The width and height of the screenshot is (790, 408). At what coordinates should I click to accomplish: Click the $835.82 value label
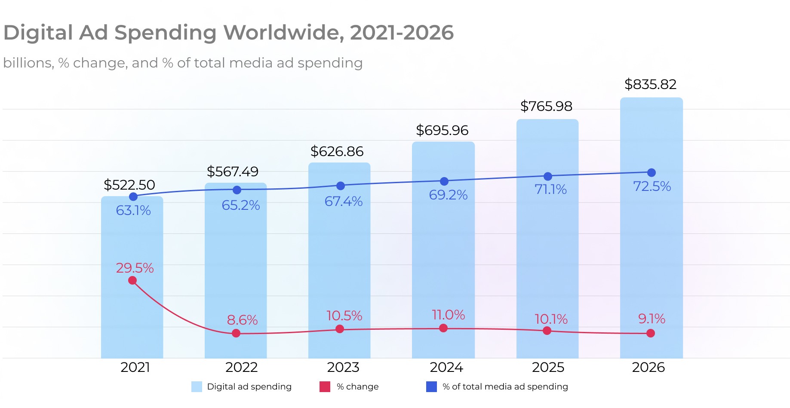[x=650, y=84]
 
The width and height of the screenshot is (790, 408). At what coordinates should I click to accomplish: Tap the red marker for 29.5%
[x=132, y=280]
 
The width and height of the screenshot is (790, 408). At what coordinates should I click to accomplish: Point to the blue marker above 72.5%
[x=652, y=172]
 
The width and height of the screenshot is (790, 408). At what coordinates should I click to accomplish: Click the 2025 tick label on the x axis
[x=548, y=368]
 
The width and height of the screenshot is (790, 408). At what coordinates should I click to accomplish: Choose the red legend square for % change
[x=325, y=387]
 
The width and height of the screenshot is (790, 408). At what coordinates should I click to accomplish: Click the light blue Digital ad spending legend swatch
[x=197, y=387]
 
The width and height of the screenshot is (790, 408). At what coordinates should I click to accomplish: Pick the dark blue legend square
[x=431, y=387]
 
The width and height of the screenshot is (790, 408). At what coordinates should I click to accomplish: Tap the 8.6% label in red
[x=242, y=320]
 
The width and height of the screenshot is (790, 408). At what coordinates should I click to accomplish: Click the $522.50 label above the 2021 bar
[x=129, y=185]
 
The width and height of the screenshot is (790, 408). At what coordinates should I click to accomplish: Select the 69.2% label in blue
[x=448, y=195]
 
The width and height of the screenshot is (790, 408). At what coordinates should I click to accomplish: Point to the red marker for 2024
[x=443, y=328]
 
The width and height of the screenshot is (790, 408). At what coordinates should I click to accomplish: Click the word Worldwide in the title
[x=283, y=33]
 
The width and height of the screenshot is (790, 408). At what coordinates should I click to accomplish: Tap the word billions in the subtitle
[x=28, y=63]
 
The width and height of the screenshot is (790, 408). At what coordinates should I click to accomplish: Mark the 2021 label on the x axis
[x=135, y=368]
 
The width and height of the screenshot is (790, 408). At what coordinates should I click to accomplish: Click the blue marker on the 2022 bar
[x=237, y=190]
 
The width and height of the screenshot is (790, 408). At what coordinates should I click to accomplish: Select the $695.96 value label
[x=442, y=130]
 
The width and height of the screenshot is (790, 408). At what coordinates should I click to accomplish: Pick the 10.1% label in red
[x=551, y=319]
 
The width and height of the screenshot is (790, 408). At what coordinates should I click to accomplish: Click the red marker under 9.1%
[x=651, y=333]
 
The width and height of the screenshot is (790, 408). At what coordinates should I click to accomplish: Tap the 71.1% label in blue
[x=550, y=189]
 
